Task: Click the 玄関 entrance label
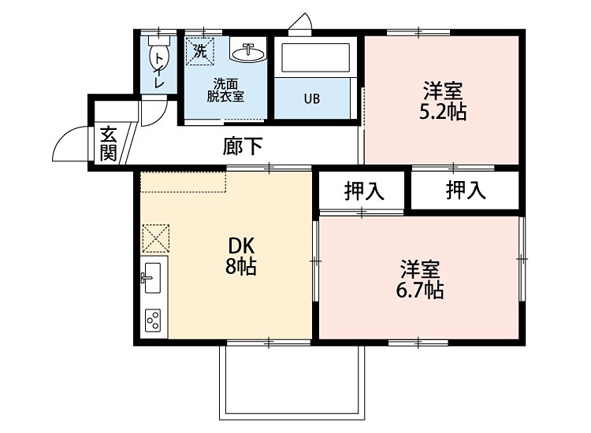pos(109,143)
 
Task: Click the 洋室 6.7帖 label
pos(419,279)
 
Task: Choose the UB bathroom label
pos(312,99)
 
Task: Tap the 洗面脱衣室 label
pos(225,90)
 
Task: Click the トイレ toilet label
pos(159,67)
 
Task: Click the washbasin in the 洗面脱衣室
pos(248,53)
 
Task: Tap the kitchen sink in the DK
pos(153,277)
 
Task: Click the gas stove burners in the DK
pos(153,320)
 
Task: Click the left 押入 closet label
pos(363,191)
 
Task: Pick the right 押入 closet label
pos(465,191)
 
